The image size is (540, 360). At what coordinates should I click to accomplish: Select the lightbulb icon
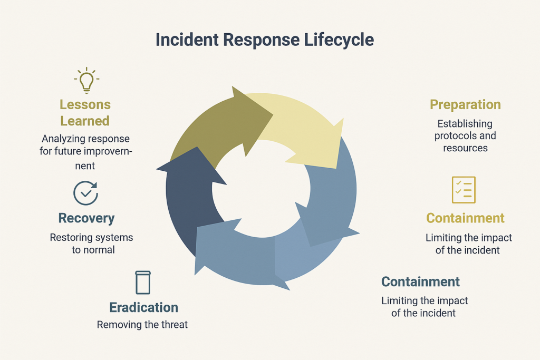click(x=86, y=80)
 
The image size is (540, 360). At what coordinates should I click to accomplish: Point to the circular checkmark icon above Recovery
click(x=85, y=193)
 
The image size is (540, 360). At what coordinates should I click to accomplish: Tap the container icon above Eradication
click(x=143, y=283)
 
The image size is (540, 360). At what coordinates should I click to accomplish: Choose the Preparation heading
click(x=465, y=104)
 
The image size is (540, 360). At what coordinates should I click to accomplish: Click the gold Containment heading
click(x=465, y=218)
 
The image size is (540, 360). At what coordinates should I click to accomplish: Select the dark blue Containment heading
click(x=420, y=281)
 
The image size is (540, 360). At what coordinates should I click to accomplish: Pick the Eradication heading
click(x=143, y=308)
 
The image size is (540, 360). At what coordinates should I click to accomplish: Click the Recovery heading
click(x=86, y=218)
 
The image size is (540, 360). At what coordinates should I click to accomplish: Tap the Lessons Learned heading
click(x=85, y=113)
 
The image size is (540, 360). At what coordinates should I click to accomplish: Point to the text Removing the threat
click(x=142, y=325)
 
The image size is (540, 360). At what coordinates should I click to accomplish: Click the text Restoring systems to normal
click(x=92, y=244)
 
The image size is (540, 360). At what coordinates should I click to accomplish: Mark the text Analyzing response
click(x=85, y=139)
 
